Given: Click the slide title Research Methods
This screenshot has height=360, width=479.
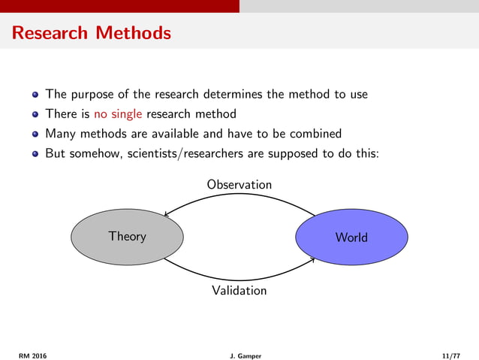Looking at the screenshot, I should [91, 34].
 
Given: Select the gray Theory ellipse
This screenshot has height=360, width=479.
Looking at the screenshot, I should [127, 237].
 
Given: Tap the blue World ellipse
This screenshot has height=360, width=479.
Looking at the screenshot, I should [351, 237].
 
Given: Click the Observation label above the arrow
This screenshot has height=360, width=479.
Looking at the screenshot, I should [239, 184].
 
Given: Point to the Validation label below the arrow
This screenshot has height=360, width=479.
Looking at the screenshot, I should [239, 289].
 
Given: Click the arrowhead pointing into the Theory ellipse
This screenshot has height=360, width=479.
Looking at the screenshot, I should [167, 216].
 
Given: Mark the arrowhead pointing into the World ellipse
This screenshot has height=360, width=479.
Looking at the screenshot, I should [312, 260].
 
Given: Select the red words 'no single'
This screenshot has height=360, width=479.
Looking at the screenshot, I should [118, 114].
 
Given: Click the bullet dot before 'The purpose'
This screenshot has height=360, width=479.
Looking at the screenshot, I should [35, 95].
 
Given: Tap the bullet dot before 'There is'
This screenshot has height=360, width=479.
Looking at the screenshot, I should [35, 115].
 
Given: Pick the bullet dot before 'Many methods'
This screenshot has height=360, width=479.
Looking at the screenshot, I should [35, 135].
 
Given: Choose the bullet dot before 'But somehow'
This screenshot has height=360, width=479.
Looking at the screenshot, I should [35, 154].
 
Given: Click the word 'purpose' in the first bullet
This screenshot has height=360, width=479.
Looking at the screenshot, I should [94, 95].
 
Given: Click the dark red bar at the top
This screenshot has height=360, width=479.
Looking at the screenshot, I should [119, 6].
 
